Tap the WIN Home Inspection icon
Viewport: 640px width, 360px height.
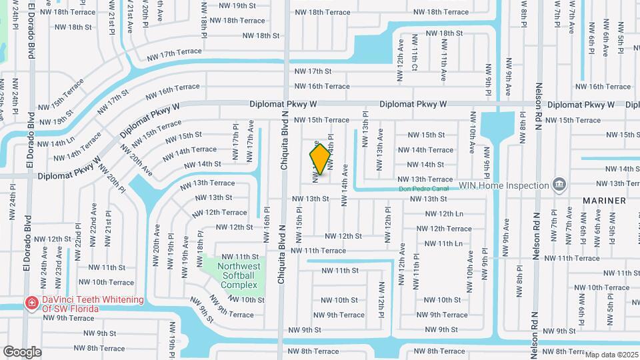[559, 184]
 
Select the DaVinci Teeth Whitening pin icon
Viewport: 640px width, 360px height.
[31, 303]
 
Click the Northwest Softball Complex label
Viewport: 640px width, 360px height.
[238, 275]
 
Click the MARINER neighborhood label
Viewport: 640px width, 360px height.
[604, 200]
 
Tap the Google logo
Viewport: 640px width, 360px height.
[22, 351]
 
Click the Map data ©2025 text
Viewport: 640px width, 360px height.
[611, 355]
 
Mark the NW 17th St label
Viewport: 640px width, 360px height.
[313, 71]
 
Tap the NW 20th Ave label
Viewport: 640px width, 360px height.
[157, 241]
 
